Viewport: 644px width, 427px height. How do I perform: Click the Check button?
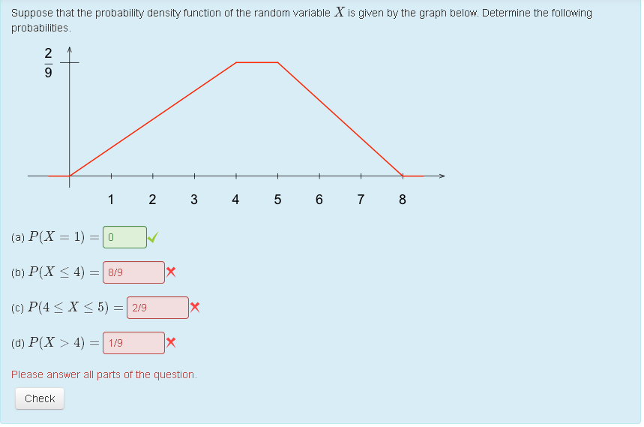pyautogui.click(x=40, y=398)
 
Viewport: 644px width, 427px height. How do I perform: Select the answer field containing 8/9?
pyautogui.click(x=133, y=272)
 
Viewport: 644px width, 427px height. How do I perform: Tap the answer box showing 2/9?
pyautogui.click(x=157, y=308)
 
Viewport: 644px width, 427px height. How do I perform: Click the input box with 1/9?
pyautogui.click(x=133, y=343)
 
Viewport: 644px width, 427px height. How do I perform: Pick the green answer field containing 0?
pyautogui.click(x=124, y=237)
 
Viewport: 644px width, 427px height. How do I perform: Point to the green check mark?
pyautogui.click(x=153, y=237)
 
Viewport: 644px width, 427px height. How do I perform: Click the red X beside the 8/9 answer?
pyautogui.click(x=171, y=272)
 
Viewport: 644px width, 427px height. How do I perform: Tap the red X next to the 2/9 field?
pyautogui.click(x=195, y=307)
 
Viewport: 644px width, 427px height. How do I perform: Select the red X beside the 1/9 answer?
pyautogui.click(x=171, y=342)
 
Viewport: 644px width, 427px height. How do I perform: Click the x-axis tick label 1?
pyautogui.click(x=111, y=200)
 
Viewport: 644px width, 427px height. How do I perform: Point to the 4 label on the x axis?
pyautogui.click(x=235, y=200)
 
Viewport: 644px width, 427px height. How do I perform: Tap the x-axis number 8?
pyautogui.click(x=402, y=200)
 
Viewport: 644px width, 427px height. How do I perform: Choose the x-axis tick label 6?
pyautogui.click(x=319, y=200)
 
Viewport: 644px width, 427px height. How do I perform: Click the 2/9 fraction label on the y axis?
pyautogui.click(x=48, y=62)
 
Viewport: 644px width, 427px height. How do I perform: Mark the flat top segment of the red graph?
pyautogui.click(x=257, y=62)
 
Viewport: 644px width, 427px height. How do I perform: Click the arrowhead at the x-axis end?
pyautogui.click(x=442, y=176)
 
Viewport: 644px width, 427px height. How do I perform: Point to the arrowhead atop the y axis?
pyautogui.click(x=70, y=50)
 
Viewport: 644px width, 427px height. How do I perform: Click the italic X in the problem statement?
pyautogui.click(x=340, y=12)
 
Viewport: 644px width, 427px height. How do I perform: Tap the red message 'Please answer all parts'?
pyautogui.click(x=104, y=374)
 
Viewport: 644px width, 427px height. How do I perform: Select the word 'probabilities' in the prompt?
pyautogui.click(x=40, y=28)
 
